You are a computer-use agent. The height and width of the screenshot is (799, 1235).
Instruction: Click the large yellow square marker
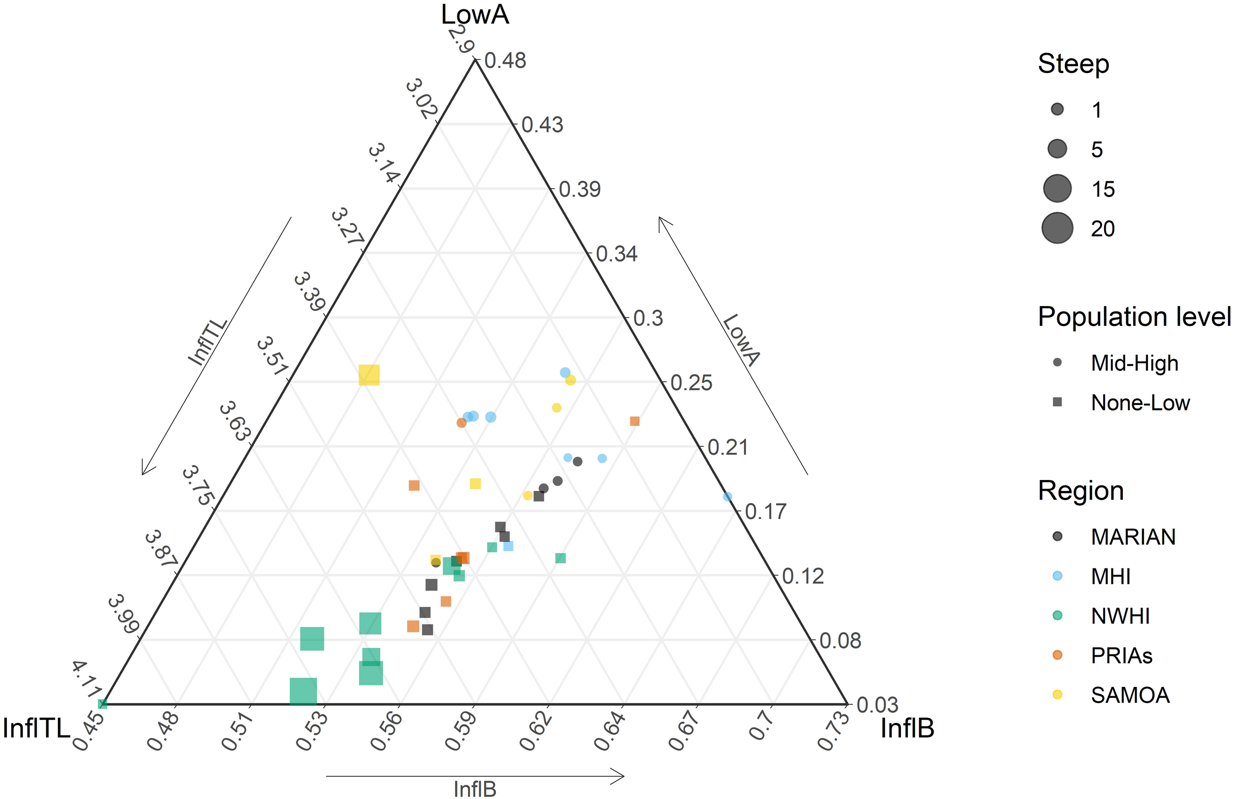369,375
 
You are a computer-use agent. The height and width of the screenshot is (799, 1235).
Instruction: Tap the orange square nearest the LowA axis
634,421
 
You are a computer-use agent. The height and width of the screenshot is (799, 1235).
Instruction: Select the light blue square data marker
508,546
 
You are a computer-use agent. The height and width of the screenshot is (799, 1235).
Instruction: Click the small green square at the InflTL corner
103,704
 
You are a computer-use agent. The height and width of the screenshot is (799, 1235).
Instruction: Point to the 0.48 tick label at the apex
505,61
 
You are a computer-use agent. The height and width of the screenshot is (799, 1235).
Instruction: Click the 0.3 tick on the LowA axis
648,318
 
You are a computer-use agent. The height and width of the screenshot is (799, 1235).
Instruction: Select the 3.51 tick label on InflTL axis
272,356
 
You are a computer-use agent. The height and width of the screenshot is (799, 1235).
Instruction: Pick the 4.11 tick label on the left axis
86,679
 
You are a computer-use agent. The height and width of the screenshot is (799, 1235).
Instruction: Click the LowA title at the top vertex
474,14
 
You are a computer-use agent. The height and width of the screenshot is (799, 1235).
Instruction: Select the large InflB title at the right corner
907,728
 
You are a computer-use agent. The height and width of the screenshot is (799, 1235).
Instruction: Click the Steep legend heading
1072,64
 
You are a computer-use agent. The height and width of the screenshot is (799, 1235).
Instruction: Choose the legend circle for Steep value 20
1057,228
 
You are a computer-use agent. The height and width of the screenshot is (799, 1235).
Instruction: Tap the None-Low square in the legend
1057,402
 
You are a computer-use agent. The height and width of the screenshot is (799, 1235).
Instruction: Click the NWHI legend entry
1120,616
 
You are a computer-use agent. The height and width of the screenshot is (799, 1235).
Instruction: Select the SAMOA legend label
1130,695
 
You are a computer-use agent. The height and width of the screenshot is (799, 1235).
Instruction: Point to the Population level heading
1134,317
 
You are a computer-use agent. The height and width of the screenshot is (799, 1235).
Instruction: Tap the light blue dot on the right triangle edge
727,496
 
